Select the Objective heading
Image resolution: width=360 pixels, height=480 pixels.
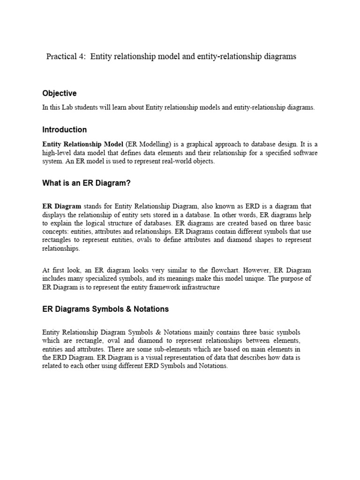[60, 93]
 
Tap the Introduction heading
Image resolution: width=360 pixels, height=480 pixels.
[65, 129]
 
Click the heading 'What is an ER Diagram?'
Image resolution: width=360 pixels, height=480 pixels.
[86, 183]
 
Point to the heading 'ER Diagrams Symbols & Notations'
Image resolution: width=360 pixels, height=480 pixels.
[105, 309]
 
